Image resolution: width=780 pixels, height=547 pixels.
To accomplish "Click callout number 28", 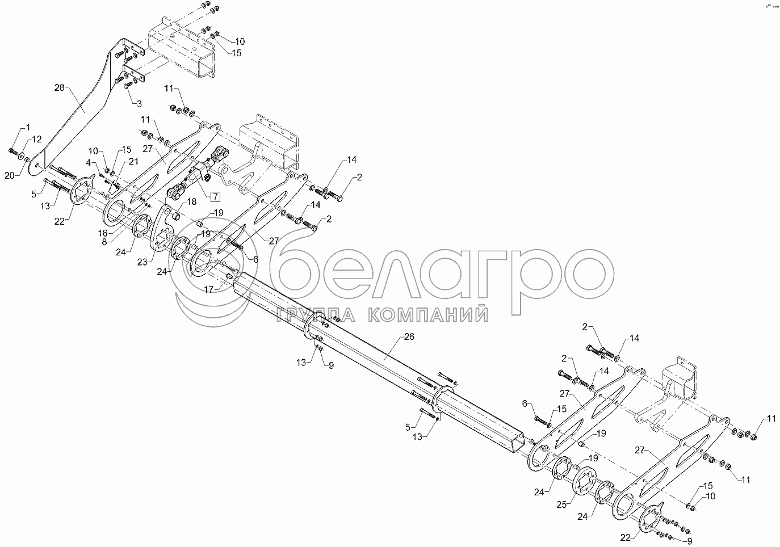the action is (60, 87).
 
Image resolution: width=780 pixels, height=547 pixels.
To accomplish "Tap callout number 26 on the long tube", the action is (409, 336).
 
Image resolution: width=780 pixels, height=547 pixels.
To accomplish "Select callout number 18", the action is (191, 201).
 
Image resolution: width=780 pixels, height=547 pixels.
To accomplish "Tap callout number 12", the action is (36, 139).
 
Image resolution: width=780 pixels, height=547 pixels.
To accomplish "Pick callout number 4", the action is (89, 162).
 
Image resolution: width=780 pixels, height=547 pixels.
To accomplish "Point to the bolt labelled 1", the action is (14, 151).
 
